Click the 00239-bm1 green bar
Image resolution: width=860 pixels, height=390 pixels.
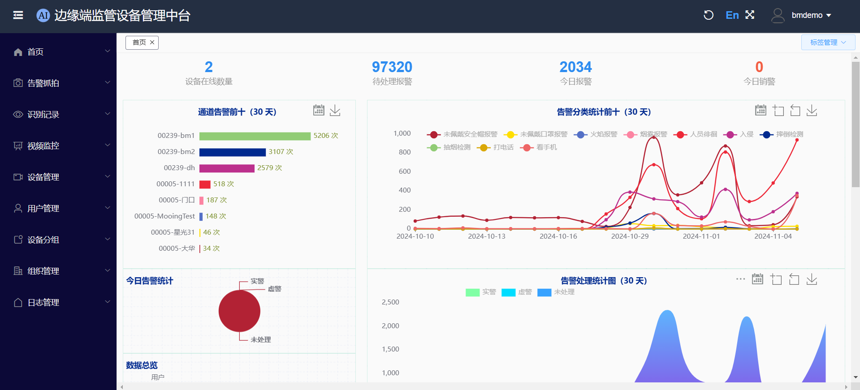tap(255, 136)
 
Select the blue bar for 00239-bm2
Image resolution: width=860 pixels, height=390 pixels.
tap(232, 152)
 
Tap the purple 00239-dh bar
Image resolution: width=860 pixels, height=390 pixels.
tap(227, 168)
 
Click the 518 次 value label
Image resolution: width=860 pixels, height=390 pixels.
tap(223, 184)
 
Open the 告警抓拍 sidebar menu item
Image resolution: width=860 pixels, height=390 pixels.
tap(43, 83)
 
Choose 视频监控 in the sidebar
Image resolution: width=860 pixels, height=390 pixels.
tap(43, 146)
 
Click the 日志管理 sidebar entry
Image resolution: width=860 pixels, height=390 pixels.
tap(43, 303)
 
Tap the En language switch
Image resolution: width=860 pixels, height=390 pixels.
tap(732, 15)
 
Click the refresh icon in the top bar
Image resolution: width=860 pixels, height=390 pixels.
tap(708, 15)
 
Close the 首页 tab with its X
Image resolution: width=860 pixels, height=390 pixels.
tap(152, 43)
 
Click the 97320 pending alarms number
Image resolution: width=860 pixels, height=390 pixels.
tap(392, 67)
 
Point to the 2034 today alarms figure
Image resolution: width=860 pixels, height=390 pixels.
tap(575, 67)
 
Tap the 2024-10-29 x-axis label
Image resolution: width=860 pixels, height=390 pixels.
tap(630, 236)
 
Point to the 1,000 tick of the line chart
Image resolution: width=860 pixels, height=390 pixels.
tap(402, 133)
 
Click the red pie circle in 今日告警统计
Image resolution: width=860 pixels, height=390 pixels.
tap(239, 311)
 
